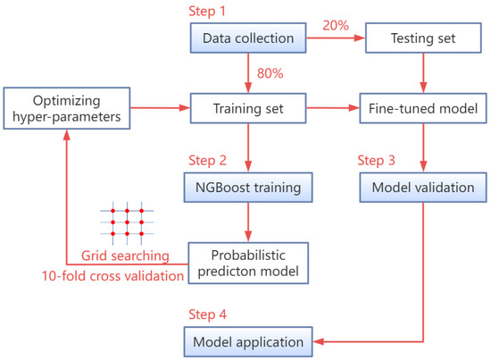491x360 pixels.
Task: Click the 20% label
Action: (336, 27)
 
